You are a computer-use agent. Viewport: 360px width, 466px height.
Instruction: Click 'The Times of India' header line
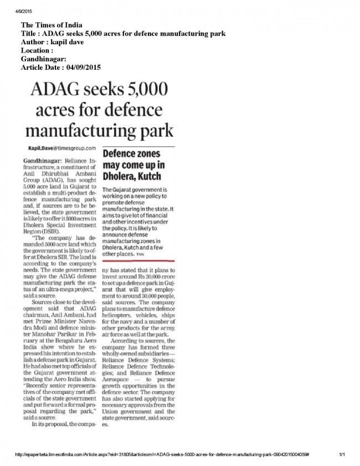tap(52, 25)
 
